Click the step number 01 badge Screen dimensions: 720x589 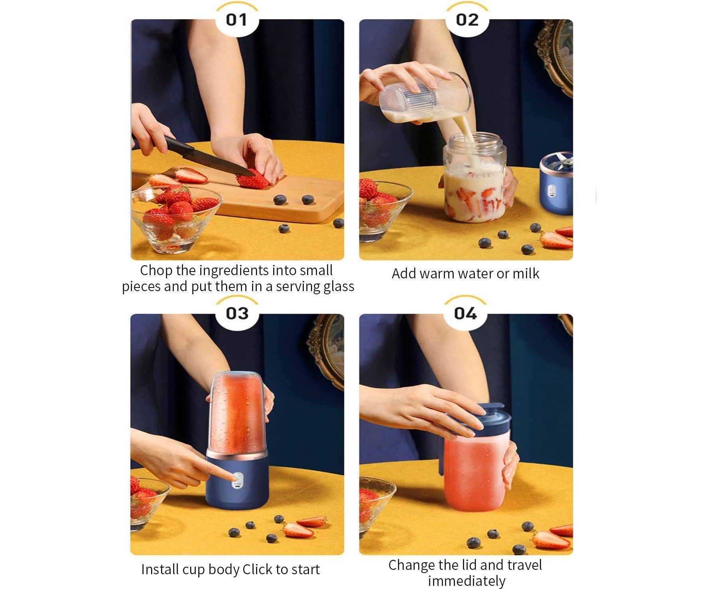point(237,20)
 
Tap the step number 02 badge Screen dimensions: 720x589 point(467,20)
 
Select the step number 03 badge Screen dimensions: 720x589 point(237,313)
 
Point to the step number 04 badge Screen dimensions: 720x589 point(465,313)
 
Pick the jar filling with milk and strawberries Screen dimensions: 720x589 point(474,177)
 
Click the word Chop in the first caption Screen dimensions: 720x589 point(156,271)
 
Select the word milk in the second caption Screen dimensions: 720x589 point(526,274)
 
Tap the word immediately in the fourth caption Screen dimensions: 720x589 point(466,581)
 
